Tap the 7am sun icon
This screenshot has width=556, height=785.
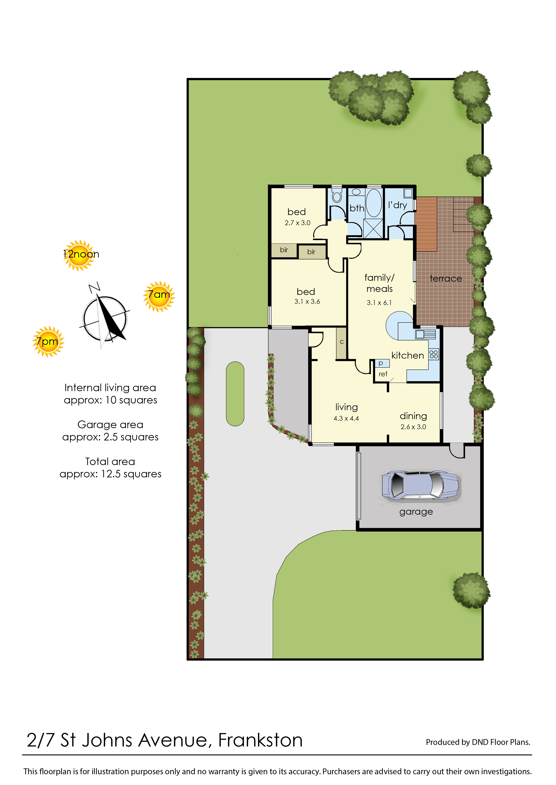[159, 296]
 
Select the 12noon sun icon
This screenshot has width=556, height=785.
[79, 255]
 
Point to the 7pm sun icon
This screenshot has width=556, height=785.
[48, 342]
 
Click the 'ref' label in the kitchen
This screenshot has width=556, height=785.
[383, 374]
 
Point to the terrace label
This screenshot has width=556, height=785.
[446, 279]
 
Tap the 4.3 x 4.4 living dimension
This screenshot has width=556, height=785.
[346, 418]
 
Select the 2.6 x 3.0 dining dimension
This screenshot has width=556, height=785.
[413, 427]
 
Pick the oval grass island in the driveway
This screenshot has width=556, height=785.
[235, 394]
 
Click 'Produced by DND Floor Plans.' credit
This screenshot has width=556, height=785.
[478, 742]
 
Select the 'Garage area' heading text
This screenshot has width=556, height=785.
[110, 425]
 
